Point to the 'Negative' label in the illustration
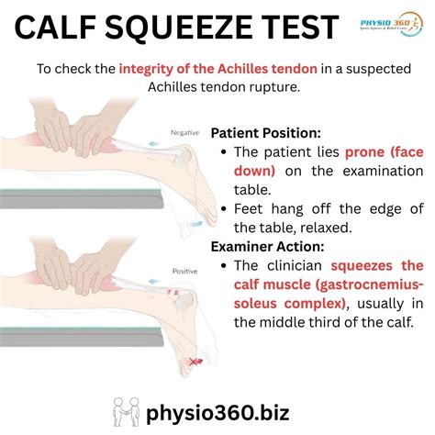pos(185,133)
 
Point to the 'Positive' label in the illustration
pos(185,273)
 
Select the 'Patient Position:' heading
pos(267,132)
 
